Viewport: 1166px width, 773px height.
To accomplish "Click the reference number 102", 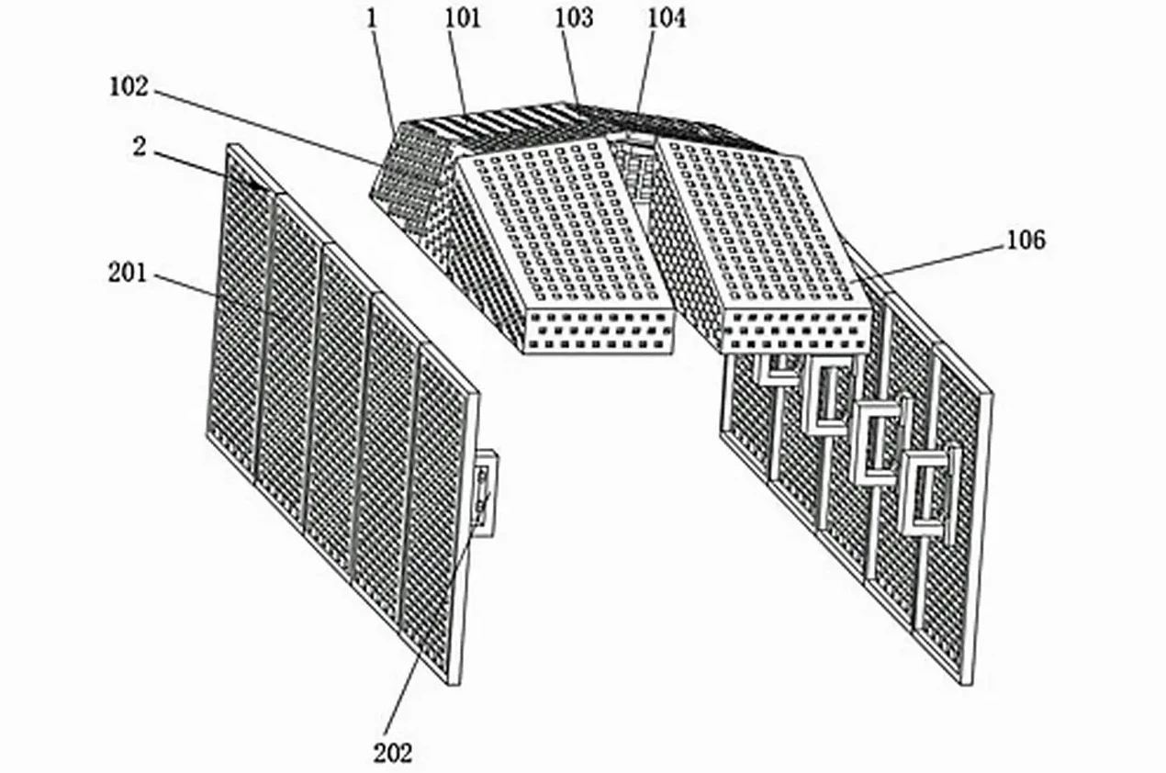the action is click(129, 87).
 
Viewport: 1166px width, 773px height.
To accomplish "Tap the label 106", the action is click(1026, 240).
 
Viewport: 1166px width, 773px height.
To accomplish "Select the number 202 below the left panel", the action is click(392, 753).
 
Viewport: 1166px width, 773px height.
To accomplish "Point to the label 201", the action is click(128, 273).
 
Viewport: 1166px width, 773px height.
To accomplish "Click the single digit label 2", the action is click(140, 147).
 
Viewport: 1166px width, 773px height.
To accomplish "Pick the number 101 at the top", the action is click(463, 18).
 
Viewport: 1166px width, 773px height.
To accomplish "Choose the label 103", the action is click(574, 18).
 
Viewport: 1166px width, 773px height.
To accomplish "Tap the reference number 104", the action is click(667, 18).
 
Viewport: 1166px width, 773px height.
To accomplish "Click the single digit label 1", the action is click(372, 18).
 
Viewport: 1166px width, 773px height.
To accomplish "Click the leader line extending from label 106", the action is click(928, 263).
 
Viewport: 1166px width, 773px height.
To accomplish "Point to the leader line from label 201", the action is click(185, 286).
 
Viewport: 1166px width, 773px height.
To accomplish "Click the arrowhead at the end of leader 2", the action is click(252, 184).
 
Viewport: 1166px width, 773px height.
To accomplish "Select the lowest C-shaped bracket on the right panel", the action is click(928, 493).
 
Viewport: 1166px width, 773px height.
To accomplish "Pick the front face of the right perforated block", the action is click(796, 331).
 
